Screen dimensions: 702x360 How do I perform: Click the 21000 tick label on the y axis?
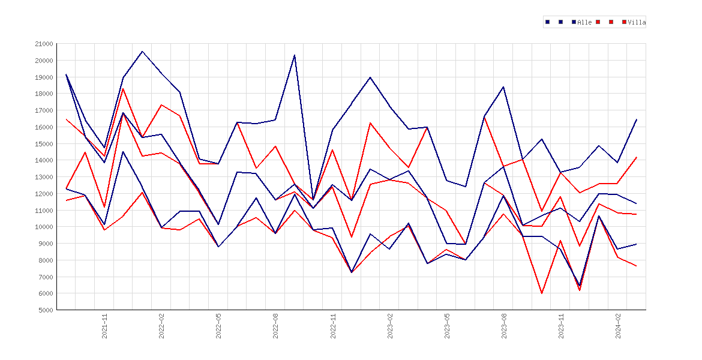[x=43, y=44]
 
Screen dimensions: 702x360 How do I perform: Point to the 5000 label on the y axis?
[x=45, y=310]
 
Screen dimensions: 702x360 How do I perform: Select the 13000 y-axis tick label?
[x=43, y=177]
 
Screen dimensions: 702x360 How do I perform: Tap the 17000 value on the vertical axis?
[x=43, y=110]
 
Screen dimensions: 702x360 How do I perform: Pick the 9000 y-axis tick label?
[x=45, y=244]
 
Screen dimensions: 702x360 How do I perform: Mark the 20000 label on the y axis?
[x=43, y=61]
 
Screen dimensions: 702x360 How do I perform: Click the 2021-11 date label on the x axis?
[x=105, y=326]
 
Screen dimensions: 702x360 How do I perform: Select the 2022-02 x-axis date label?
[x=161, y=326]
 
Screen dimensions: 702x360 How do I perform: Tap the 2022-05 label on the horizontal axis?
[x=219, y=326]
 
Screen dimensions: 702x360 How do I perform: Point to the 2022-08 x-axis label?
[x=276, y=326]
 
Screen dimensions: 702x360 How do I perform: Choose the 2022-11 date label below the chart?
[x=333, y=326]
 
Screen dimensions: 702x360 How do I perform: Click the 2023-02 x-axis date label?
[x=390, y=326]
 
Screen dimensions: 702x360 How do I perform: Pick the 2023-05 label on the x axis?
[x=447, y=326]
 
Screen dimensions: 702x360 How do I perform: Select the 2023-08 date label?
[x=504, y=326]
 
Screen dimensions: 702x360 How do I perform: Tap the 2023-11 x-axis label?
[x=561, y=326]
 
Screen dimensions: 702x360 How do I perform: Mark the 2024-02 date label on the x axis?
[x=618, y=326]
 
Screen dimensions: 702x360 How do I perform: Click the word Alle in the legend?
[x=585, y=22]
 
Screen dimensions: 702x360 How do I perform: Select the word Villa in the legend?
[x=637, y=22]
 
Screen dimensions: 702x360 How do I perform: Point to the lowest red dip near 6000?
[x=542, y=293]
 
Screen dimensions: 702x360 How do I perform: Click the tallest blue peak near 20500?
[x=142, y=52]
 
